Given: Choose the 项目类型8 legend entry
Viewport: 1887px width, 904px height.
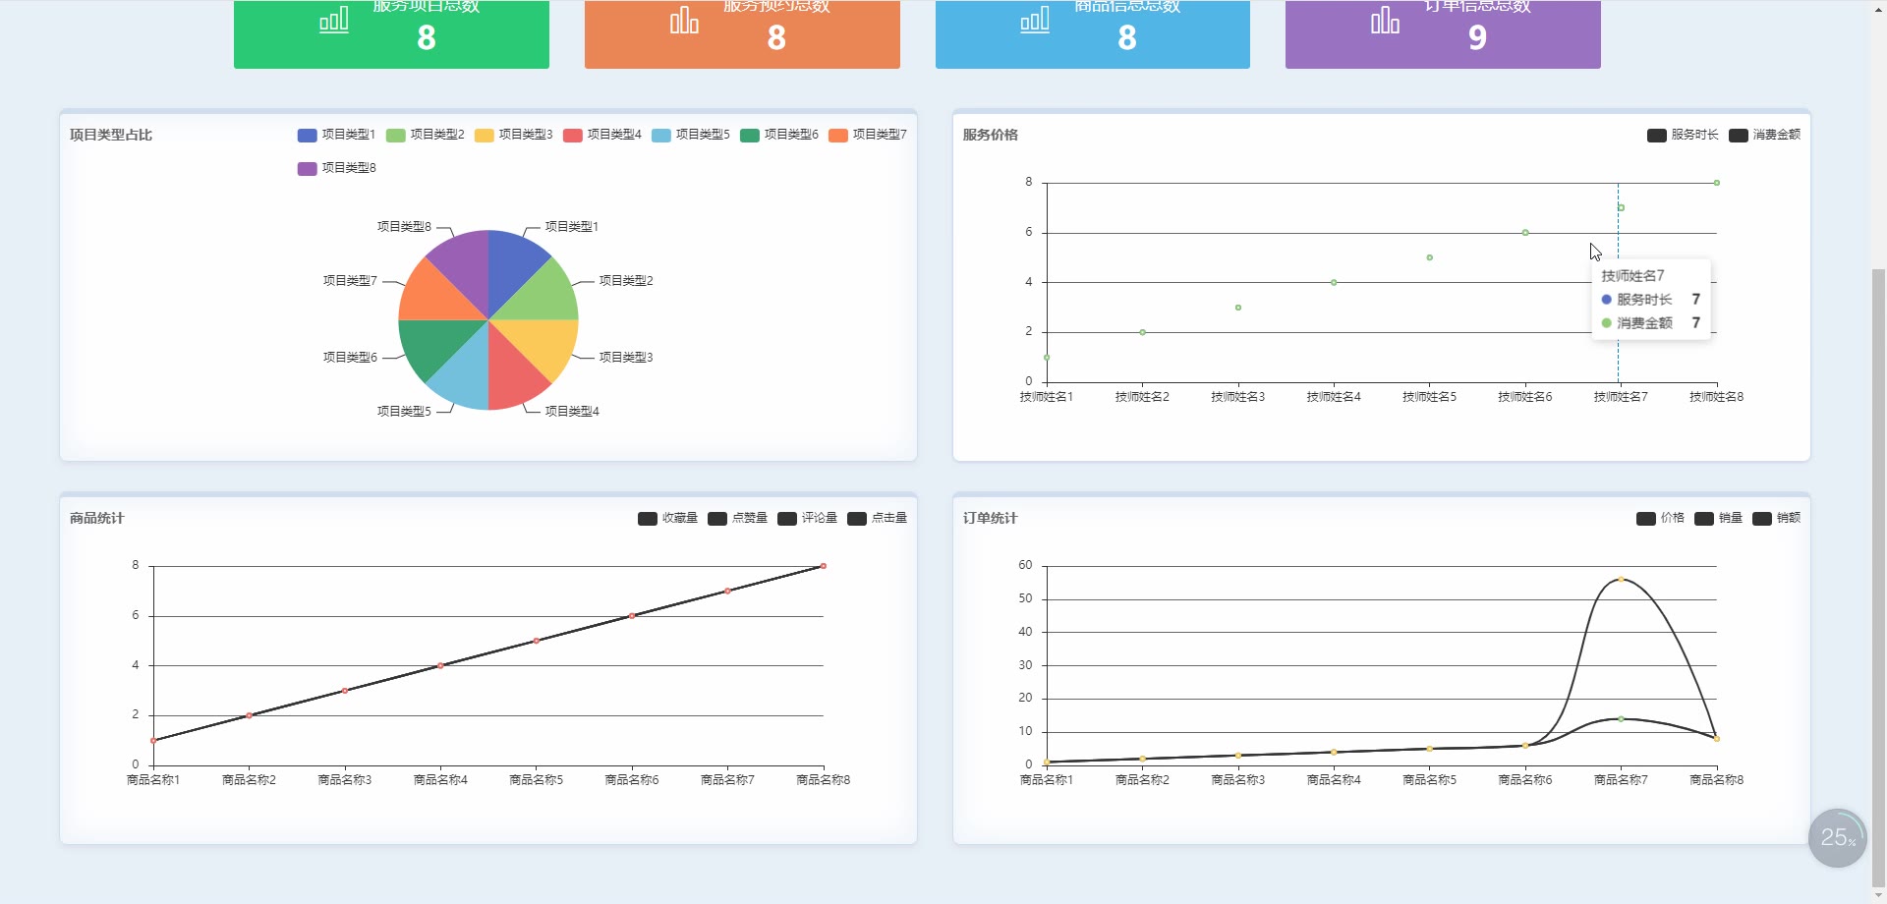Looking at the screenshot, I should (x=337, y=168).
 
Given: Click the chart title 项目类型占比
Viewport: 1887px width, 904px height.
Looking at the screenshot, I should (x=111, y=135).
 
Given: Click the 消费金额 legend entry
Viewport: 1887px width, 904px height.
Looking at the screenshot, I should (x=1765, y=135).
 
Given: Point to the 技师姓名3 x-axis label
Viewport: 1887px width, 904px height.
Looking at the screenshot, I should (x=1237, y=397).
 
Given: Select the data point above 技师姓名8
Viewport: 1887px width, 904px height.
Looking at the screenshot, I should (x=1717, y=183).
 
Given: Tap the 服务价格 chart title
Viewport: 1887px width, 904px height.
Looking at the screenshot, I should (x=990, y=135).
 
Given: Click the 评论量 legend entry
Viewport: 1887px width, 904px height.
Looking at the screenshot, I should (x=807, y=518).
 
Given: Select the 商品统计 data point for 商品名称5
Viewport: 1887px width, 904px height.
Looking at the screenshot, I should (x=537, y=641).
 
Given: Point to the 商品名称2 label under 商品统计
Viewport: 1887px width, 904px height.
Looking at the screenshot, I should (x=249, y=780).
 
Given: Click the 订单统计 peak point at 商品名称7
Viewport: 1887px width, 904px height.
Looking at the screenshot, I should (x=1621, y=580).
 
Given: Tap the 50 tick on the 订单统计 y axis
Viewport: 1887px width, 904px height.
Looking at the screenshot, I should (x=1025, y=598).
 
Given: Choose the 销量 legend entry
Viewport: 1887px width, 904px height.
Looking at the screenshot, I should (x=1719, y=518).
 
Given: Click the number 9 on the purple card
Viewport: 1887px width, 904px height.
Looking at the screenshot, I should (x=1477, y=37).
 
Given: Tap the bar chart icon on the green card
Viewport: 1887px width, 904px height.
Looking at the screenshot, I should (x=334, y=20).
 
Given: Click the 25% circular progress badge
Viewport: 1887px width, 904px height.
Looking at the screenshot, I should (x=1837, y=838).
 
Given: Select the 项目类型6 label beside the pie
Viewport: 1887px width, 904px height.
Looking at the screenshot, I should (x=350, y=358).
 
